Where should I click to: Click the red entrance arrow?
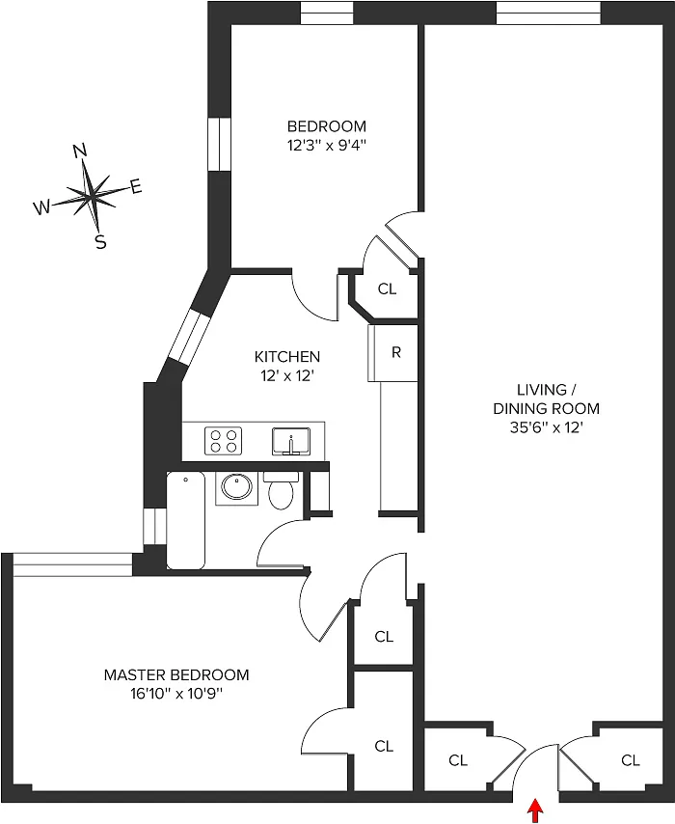pos(535,810)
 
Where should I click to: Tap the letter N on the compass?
pos(80,151)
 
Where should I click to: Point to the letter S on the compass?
pos(100,242)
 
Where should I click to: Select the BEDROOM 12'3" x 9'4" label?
pos(326,136)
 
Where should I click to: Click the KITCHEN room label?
pos(287,357)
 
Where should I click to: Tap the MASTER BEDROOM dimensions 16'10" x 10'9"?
pos(176,694)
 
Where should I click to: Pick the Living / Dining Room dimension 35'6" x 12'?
pos(547,427)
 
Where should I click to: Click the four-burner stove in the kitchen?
pos(224,440)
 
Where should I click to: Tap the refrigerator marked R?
pos(392,352)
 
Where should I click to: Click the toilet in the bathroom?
pos(281,490)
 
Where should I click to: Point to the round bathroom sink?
pos(236,487)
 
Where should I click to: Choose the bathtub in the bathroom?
pos(185,520)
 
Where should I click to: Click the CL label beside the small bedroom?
pos(387,289)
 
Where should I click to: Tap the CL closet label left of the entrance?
pos(458,760)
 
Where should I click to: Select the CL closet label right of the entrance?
pos(631,760)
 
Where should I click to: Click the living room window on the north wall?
pos(549,13)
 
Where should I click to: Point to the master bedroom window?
pos(72,564)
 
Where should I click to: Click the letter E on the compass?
pos(136,186)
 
